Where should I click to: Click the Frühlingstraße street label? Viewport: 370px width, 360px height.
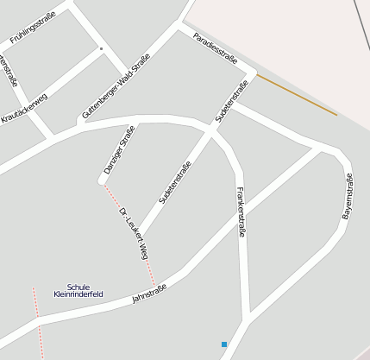[x=32, y=27]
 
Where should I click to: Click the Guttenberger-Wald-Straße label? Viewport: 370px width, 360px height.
[x=116, y=85]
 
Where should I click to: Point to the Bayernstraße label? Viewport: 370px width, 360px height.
[x=348, y=196]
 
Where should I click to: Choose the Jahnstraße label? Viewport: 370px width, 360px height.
[x=148, y=293]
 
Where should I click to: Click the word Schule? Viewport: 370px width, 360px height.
[x=78, y=287]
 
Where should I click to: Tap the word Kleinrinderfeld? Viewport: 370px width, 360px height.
[x=78, y=294]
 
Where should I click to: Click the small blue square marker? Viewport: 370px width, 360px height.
[x=224, y=344]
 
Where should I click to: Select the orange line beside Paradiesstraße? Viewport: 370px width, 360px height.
[x=296, y=94]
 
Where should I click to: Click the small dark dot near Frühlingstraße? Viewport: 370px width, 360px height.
[x=101, y=48]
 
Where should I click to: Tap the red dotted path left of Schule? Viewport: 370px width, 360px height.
[x=35, y=301]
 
